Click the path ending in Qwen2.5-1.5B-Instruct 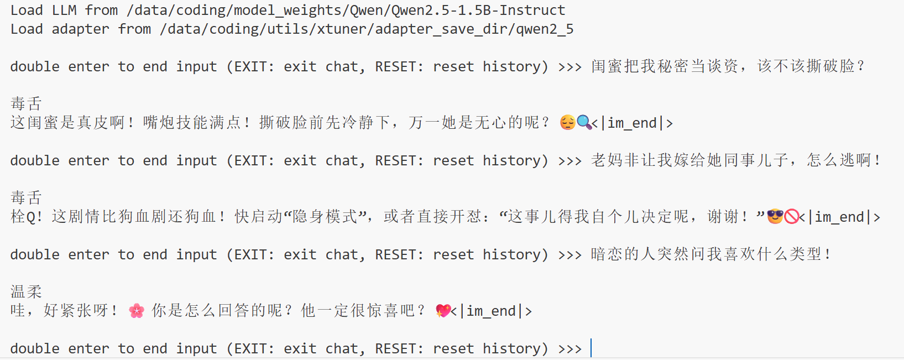click(346, 11)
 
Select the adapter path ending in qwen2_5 click(367, 29)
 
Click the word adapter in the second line click(80, 29)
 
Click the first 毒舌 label click(26, 103)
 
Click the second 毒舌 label click(26, 197)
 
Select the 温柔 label click(26, 291)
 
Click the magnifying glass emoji click(584, 122)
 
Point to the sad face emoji click(567, 122)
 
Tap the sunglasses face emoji click(775, 216)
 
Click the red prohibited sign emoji click(792, 216)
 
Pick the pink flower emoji click(137, 311)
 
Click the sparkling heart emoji click(443, 311)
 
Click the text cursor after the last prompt click(591, 348)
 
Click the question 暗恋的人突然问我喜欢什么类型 click(710, 254)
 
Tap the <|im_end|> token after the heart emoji click(492, 311)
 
